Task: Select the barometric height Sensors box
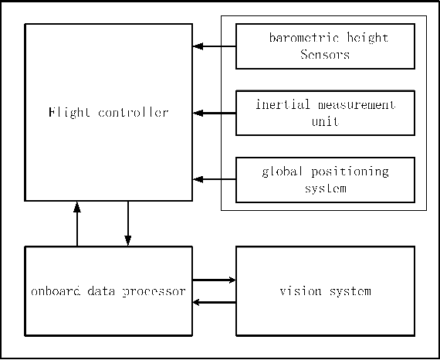pyautogui.click(x=324, y=46)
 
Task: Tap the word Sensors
pyautogui.click(x=324, y=55)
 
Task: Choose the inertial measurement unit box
pyautogui.click(x=324, y=113)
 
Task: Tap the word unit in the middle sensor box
pyautogui.click(x=324, y=121)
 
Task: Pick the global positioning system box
pyautogui.click(x=324, y=179)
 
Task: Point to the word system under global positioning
pyautogui.click(x=324, y=188)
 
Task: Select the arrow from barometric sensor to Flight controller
pyautogui.click(x=214, y=46)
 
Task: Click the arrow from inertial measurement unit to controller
pyautogui.click(x=214, y=113)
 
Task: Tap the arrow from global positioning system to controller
pyautogui.click(x=214, y=179)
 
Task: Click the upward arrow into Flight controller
pyautogui.click(x=77, y=224)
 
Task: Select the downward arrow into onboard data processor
pyautogui.click(x=127, y=224)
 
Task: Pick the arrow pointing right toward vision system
pyautogui.click(x=214, y=280)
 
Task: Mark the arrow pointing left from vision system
pyautogui.click(x=214, y=302)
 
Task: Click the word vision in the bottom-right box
pyautogui.click(x=299, y=291)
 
